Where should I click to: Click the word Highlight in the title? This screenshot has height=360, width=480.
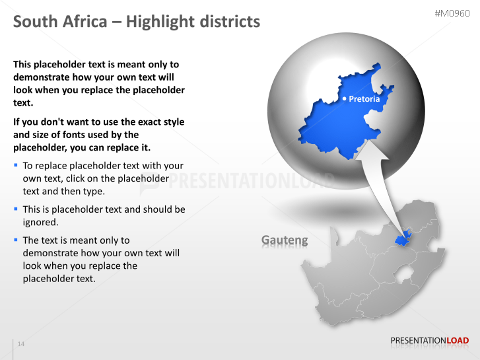[x=156, y=22]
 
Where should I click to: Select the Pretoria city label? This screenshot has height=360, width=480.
[x=364, y=99]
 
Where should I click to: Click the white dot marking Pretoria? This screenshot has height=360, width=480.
[x=344, y=99]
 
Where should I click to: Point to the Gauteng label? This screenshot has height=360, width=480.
[x=285, y=240]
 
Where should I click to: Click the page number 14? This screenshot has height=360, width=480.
[x=20, y=344]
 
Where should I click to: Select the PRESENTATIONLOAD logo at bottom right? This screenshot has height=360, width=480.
[x=429, y=341]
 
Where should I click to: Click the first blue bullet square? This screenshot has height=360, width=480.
[x=16, y=165]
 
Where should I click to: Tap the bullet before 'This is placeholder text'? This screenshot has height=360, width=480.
[x=16, y=209]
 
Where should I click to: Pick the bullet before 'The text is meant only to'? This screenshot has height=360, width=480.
[x=16, y=240]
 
